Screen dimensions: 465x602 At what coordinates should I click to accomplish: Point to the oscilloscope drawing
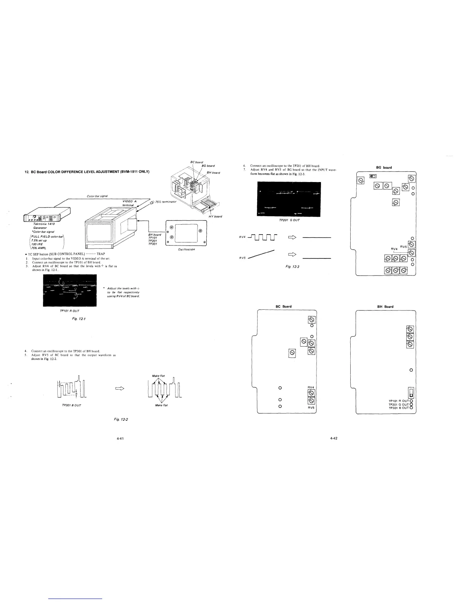coord(186,234)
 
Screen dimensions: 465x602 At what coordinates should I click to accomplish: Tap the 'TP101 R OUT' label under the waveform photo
coord(70,311)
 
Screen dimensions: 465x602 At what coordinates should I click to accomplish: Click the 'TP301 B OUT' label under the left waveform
coord(71,405)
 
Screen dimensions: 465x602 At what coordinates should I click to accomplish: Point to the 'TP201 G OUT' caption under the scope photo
coord(289,220)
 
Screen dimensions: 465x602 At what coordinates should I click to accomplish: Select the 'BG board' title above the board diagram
coord(384,167)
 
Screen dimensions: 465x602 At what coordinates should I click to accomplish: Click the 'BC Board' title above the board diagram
coord(283,306)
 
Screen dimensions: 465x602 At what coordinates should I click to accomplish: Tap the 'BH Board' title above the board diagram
coord(385,306)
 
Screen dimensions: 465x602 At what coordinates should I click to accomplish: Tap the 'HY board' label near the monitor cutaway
coord(215,217)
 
